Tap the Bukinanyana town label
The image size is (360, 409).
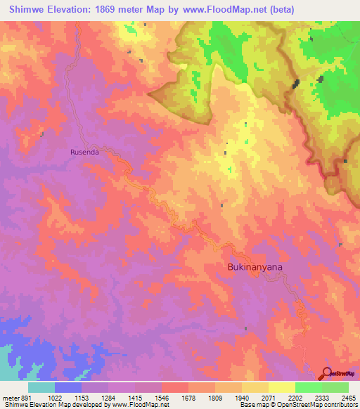coord(254,267)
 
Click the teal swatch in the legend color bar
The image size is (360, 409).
coord(41,387)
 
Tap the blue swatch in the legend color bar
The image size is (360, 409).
coord(67,387)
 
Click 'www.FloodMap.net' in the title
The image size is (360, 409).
coord(225,9)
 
